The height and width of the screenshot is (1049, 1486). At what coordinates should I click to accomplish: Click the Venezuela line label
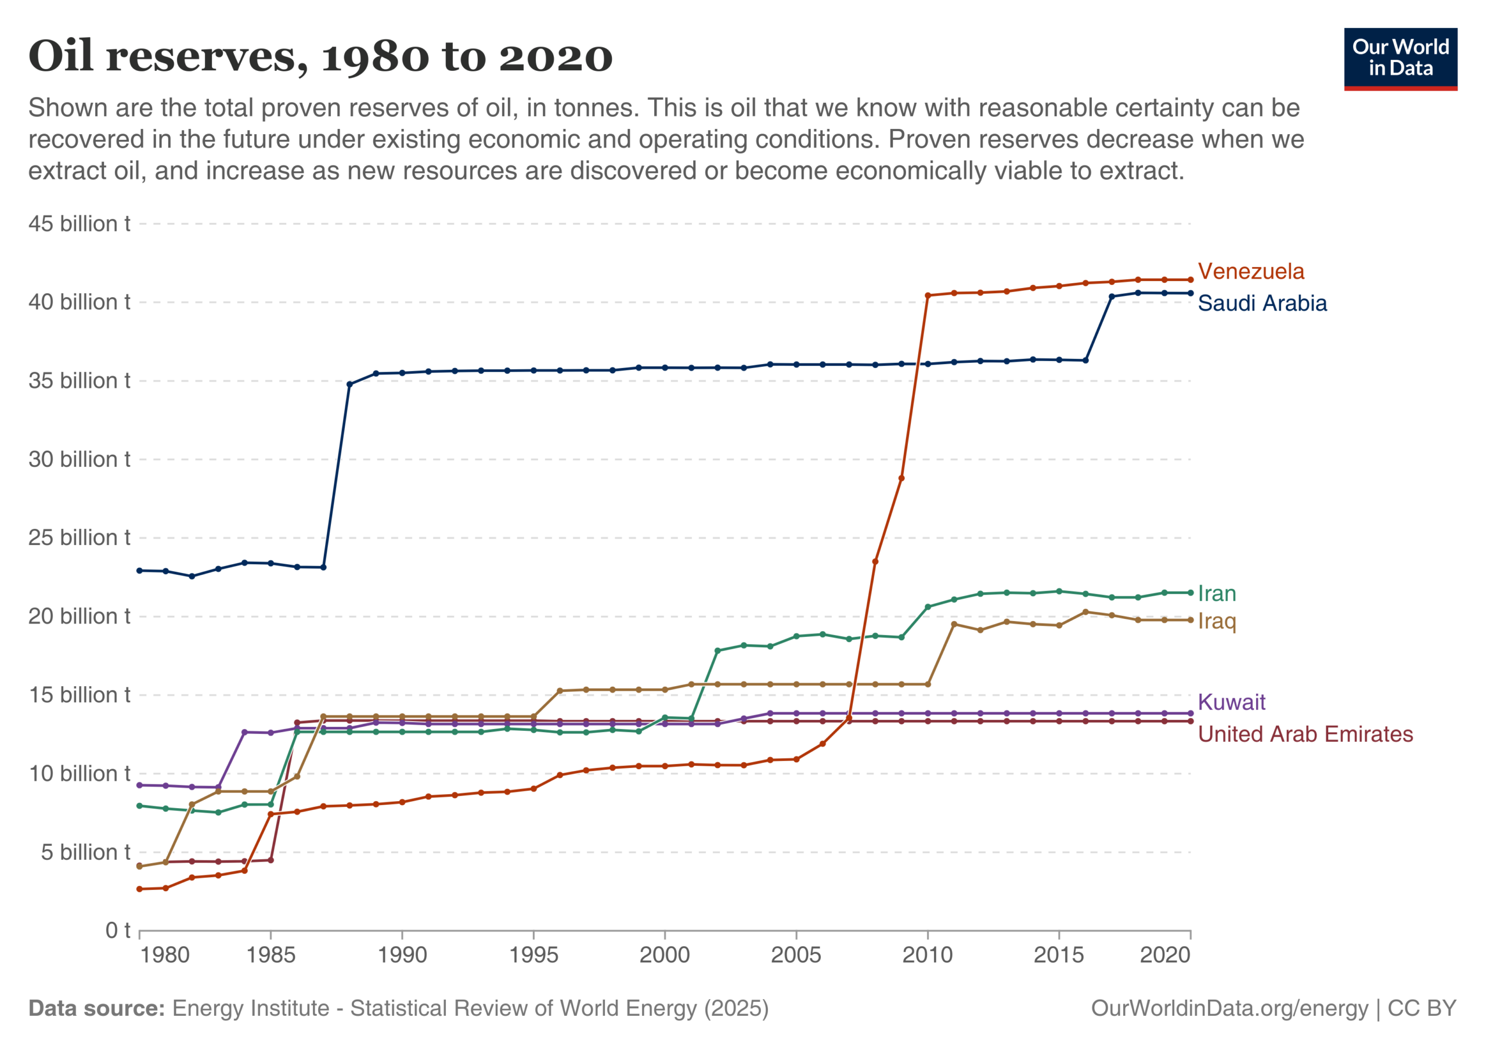pos(1250,271)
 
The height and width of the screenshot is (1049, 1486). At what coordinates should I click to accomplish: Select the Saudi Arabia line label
pos(1261,303)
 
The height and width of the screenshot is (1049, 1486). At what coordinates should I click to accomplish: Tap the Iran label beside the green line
pos(1216,593)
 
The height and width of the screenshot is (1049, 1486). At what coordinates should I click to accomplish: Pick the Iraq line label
pos(1216,621)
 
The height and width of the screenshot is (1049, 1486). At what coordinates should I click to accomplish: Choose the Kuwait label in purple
pos(1231,702)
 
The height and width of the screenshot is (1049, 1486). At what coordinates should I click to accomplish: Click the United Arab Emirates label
pos(1305,734)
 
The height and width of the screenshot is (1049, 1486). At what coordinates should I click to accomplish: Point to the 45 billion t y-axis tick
pos(79,224)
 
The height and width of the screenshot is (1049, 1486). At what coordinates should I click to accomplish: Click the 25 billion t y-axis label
pos(79,538)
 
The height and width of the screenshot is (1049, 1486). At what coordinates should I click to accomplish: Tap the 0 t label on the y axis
pos(118,931)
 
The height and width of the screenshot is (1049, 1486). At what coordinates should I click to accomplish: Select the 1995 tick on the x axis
pos(533,955)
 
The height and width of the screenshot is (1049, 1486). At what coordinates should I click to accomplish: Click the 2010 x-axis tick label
pos(928,955)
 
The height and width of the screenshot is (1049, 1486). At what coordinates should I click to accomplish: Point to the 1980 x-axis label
pos(164,955)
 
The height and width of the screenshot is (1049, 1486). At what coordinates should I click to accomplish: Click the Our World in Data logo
pos(1400,58)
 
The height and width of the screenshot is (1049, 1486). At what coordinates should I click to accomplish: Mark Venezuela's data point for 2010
pos(928,295)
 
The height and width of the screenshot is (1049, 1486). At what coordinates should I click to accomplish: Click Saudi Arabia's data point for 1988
pos(349,384)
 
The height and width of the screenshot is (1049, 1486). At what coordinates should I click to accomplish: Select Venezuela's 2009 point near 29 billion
pos(901,478)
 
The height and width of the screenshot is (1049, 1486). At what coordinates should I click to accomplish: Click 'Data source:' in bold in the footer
pos(96,1009)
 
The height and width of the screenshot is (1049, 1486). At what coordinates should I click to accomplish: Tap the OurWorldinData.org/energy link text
pos(1229,1009)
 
